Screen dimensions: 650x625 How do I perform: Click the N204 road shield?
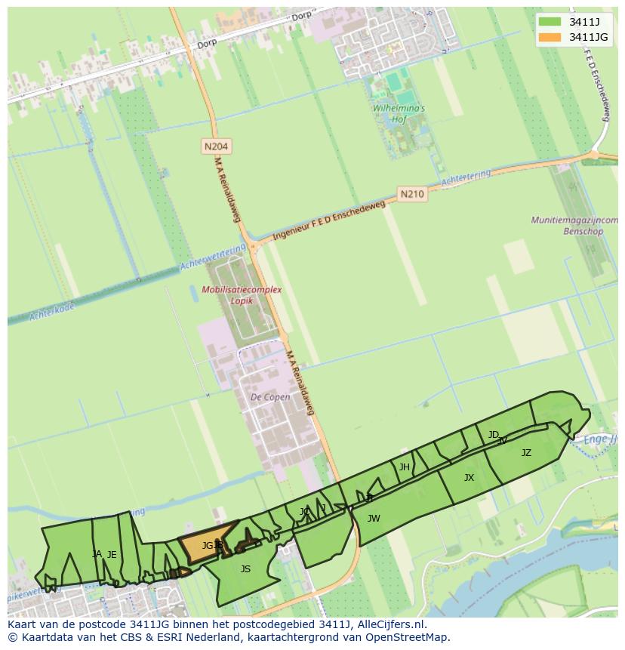point(216,146)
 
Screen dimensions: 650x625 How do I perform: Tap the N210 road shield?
point(412,194)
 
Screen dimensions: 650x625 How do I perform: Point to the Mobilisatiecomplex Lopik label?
point(242,295)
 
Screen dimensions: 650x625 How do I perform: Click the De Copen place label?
point(270,397)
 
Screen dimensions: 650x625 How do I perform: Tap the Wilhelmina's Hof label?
point(399,113)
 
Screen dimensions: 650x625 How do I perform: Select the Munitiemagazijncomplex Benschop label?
point(574,226)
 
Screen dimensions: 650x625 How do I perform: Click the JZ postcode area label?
point(526,453)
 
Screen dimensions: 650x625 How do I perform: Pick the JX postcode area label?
point(469,478)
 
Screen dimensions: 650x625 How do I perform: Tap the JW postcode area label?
point(374,518)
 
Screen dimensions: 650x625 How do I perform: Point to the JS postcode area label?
point(245,569)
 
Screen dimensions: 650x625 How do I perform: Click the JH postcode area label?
point(405,467)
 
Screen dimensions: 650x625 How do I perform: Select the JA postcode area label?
point(97,554)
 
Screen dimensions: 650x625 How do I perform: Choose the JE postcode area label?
point(112,555)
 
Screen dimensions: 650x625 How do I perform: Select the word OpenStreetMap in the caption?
point(409,637)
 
